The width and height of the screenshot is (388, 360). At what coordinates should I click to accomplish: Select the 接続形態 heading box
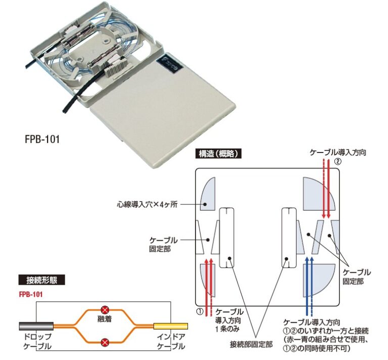pos(41,279)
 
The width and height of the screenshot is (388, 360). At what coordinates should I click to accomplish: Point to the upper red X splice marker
pos(105,310)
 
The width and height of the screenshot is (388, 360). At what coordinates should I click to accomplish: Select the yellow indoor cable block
pos(170,326)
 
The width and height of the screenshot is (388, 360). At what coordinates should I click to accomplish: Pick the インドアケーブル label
pos(171,342)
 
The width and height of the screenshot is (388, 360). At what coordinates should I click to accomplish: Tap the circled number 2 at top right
pos(338,162)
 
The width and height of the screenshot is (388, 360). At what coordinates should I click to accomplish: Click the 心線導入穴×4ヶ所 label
pos(147,205)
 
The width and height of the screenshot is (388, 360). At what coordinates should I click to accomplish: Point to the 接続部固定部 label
pos(251,344)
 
